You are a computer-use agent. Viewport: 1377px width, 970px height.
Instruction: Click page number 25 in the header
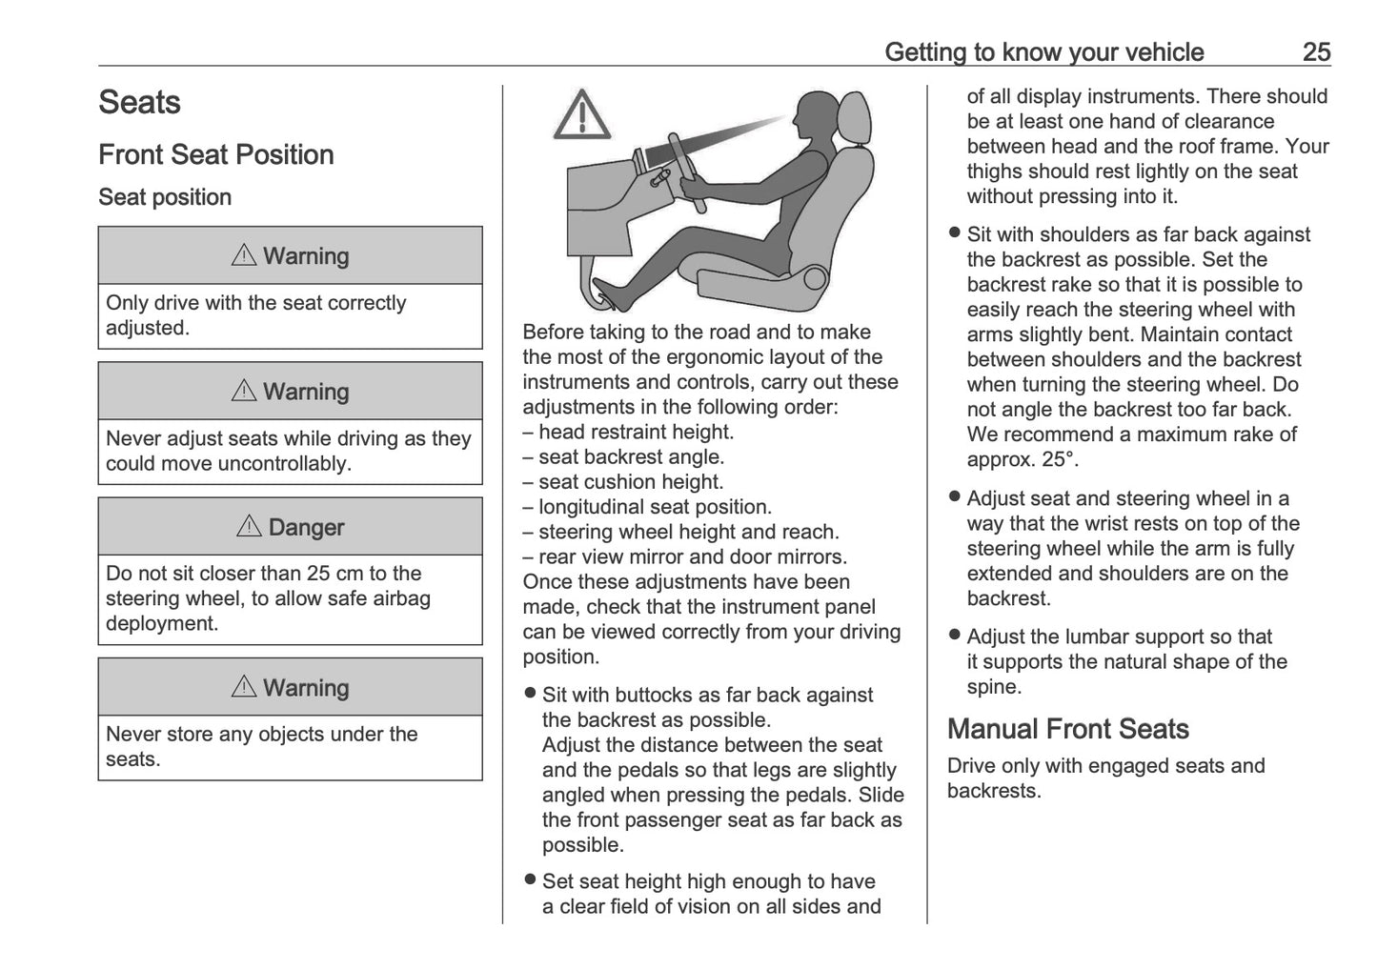(1315, 52)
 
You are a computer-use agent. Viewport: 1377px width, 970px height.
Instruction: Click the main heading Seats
(139, 103)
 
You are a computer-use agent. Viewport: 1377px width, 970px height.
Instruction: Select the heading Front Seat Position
(216, 155)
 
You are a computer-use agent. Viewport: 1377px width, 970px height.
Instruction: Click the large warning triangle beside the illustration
(581, 115)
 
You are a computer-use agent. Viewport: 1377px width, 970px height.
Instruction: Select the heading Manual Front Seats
(1067, 729)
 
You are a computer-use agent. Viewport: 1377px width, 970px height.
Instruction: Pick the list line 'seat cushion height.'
(630, 482)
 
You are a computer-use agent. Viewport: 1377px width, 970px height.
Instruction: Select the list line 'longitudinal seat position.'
(655, 507)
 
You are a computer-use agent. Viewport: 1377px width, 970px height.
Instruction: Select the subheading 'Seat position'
(165, 197)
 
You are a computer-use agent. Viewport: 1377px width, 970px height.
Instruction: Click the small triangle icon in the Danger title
(249, 526)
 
